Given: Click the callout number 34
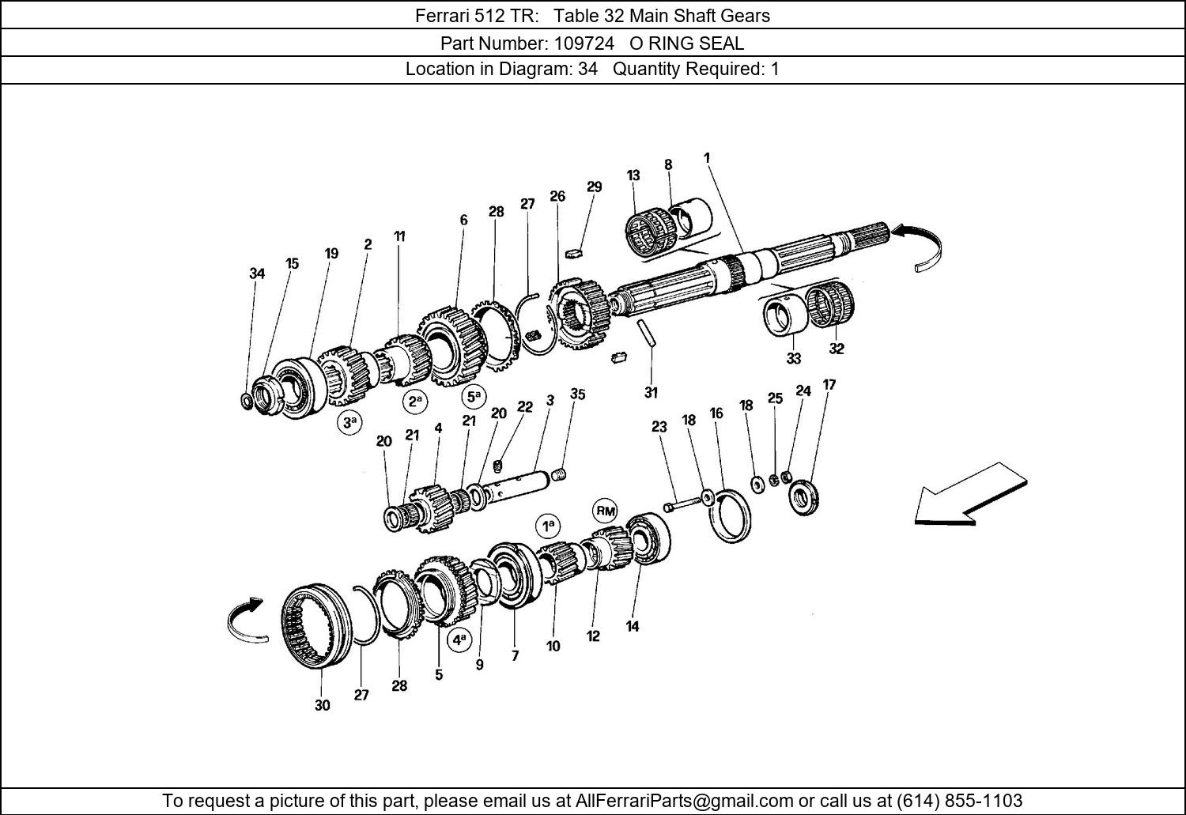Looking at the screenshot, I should point(256,274).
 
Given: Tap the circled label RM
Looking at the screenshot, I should point(606,511).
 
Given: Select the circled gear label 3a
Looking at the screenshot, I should point(349,423).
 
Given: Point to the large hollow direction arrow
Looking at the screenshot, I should point(970,493).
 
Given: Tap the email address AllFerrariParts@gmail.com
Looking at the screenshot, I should point(684,800).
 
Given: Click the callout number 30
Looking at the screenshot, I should point(322,705).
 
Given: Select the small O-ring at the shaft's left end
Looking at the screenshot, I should point(247,401).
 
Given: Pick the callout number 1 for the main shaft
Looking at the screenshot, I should point(707,158).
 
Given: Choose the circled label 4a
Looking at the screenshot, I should point(459,639).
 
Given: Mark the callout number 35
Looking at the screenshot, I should point(578,394).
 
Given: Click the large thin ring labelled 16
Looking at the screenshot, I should point(733,515).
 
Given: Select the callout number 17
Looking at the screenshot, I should point(829,385).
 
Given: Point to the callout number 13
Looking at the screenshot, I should point(633,175).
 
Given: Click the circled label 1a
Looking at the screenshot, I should point(547,526).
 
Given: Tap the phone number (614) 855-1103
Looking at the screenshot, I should point(959,800).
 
